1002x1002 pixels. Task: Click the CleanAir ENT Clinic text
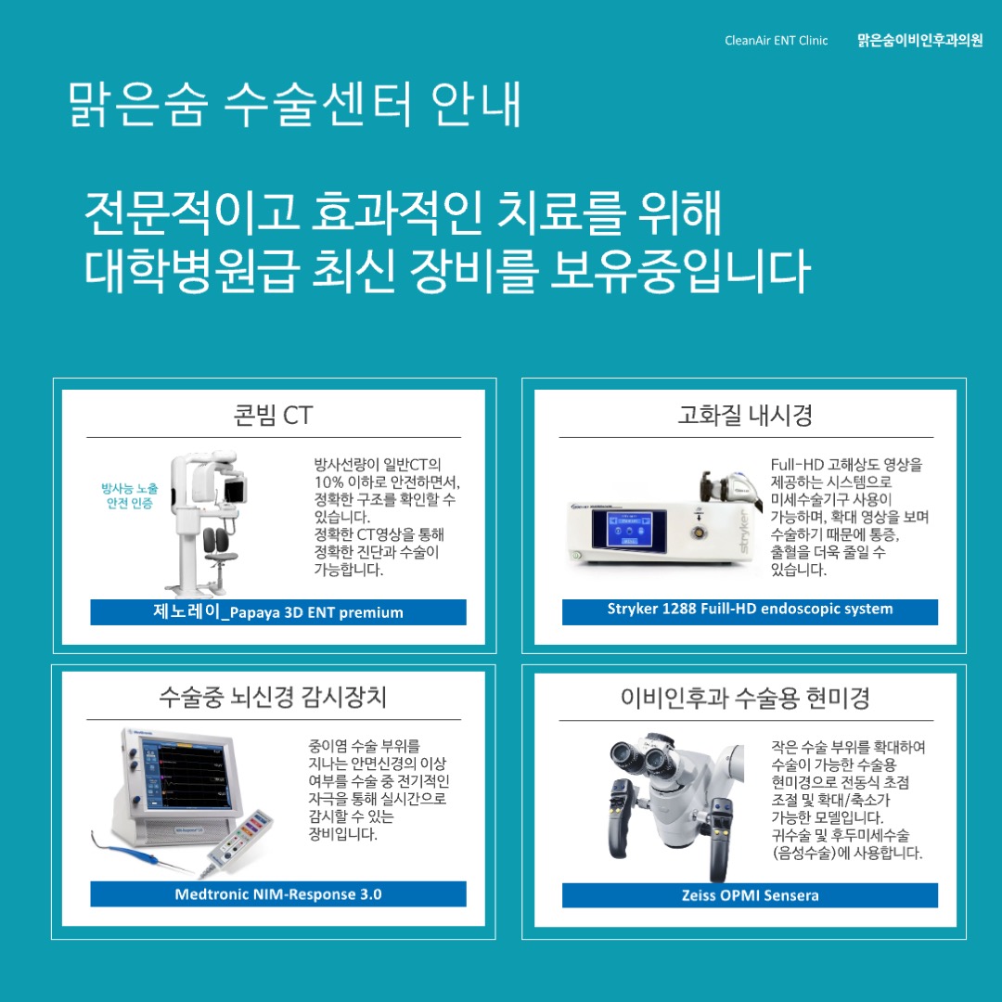pos(776,41)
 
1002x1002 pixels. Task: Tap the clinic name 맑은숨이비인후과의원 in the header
pos(919,41)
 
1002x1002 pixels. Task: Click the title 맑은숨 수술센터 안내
pos(294,105)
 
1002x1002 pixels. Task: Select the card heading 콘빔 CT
pos(273,415)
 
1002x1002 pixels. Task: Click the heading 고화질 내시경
pos(745,415)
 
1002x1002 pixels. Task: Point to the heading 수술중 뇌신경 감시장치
pos(273,697)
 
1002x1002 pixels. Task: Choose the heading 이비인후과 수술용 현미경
pos(745,698)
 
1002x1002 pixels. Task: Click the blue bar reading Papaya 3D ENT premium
pos(277,612)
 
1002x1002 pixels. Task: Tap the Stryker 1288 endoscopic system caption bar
pos(750,610)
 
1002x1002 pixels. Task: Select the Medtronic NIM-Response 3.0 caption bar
pos(277,894)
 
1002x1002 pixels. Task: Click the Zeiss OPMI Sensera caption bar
pos(750,895)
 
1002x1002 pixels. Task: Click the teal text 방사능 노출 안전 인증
pos(129,495)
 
